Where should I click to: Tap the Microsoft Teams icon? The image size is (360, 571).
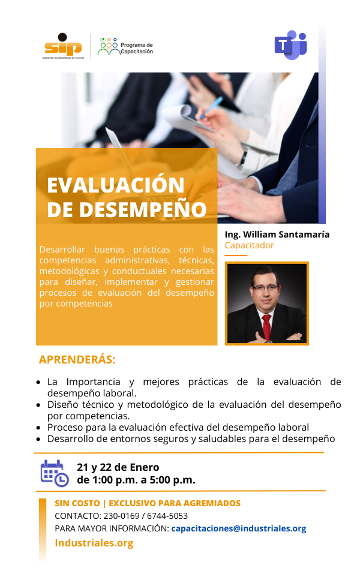291,45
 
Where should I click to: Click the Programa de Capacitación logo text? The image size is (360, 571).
137,48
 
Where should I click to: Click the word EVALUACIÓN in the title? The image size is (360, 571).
116,185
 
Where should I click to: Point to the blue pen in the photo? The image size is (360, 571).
211,107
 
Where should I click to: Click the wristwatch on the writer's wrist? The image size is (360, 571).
242,159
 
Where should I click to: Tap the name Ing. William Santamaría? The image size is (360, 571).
277,235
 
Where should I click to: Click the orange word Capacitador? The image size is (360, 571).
249,245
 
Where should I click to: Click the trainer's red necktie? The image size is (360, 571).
267,326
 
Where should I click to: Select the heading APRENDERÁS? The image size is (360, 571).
77,360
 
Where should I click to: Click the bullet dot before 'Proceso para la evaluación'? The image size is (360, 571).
38,428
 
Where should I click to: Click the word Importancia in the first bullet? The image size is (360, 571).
93,381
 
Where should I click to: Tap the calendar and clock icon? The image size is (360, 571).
55,473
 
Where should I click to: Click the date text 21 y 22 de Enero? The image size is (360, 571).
118,467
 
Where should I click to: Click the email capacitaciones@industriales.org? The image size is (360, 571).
239,529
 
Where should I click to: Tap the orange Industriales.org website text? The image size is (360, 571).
94,543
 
